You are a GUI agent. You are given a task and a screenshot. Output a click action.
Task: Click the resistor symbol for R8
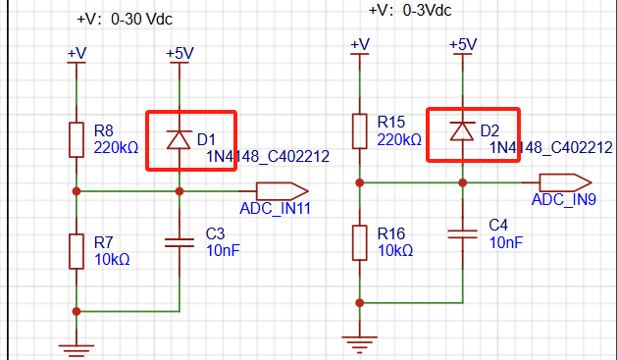click(77, 140)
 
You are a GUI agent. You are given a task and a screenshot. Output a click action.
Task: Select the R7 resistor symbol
click(77, 251)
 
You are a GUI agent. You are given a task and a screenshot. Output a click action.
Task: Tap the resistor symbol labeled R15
click(360, 131)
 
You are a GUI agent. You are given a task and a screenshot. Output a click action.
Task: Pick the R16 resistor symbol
click(360, 242)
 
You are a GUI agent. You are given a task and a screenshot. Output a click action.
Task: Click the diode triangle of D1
click(180, 139)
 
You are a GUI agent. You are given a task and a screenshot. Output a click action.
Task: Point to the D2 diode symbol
click(462, 131)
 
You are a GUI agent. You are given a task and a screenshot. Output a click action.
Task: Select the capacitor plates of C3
click(180, 242)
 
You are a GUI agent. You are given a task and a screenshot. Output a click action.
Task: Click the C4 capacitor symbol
click(462, 234)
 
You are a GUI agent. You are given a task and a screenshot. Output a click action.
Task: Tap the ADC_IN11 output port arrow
click(283, 191)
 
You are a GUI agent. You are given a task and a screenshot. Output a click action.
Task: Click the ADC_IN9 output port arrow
click(565, 182)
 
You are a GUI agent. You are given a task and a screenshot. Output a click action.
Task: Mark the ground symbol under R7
click(77, 350)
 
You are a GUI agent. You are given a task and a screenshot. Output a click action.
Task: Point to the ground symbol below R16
click(360, 341)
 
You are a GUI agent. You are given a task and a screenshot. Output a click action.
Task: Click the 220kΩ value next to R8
click(116, 148)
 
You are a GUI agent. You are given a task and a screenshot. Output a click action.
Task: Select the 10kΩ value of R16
click(395, 250)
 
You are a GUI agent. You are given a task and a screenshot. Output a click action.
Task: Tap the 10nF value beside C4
click(506, 242)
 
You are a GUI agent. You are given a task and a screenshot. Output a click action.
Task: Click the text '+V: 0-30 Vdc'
click(125, 19)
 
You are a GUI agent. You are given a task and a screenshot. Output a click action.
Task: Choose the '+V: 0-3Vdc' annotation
click(410, 10)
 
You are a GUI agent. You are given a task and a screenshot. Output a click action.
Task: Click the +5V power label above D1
click(180, 53)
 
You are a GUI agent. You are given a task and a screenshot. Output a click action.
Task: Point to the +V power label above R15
click(360, 44)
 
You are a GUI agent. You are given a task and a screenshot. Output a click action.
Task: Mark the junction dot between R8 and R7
click(77, 191)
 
